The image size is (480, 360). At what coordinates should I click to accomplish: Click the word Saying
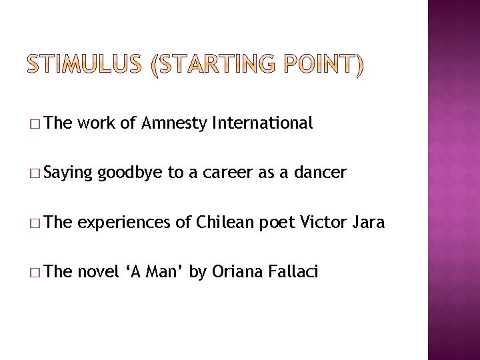71,173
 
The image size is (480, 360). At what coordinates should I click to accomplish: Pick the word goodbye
131,173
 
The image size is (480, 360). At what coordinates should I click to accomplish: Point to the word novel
98,272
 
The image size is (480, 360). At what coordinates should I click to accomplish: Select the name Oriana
233,272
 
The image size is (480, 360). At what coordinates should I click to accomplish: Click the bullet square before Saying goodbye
34,174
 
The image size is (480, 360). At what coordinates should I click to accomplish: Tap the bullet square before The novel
34,273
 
